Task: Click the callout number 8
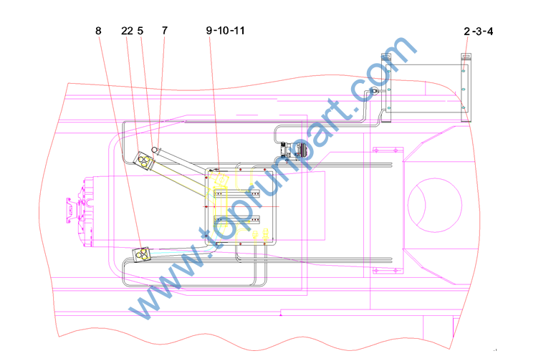click(x=98, y=31)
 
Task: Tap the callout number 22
click(x=127, y=31)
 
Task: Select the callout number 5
click(x=140, y=31)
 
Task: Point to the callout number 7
click(x=165, y=31)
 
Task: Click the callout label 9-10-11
click(x=225, y=31)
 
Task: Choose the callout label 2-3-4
click(x=479, y=32)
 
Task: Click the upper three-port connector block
click(x=143, y=160)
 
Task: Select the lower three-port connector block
click(x=142, y=254)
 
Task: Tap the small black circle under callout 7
click(x=154, y=150)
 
